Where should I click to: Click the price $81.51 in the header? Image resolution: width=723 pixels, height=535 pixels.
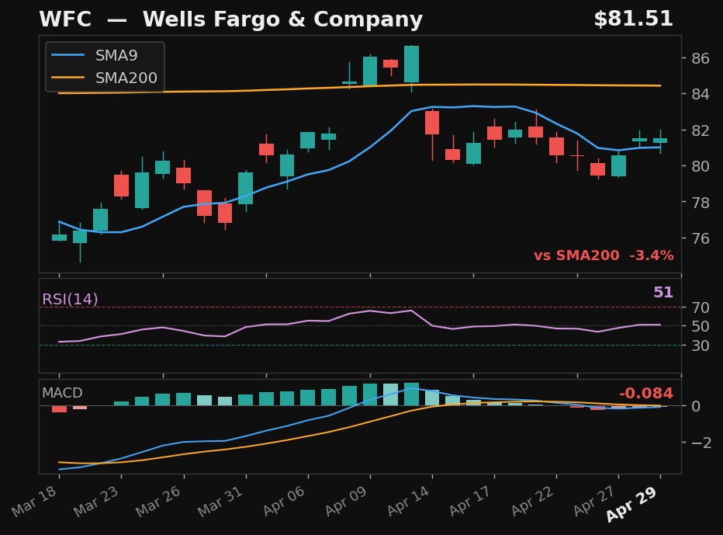point(633,19)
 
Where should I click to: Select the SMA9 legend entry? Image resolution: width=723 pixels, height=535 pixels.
point(116,56)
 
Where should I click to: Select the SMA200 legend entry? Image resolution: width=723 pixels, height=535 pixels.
point(126,78)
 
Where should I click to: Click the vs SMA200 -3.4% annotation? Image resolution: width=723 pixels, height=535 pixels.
point(603,255)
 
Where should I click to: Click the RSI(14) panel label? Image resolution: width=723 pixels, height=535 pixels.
point(70,300)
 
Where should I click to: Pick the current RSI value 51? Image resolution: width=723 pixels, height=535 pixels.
point(662,293)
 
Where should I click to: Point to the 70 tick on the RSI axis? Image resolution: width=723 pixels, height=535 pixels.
point(701,307)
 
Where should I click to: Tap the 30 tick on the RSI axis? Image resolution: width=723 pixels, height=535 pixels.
point(701,346)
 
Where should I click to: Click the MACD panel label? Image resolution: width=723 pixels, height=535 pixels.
point(62,393)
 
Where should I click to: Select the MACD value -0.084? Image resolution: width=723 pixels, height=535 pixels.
point(645,394)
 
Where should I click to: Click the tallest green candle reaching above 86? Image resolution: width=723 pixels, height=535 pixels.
point(411,64)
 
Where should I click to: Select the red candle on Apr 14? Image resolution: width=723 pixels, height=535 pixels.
point(432,123)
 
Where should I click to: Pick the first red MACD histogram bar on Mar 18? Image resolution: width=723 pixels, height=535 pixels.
point(59,408)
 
